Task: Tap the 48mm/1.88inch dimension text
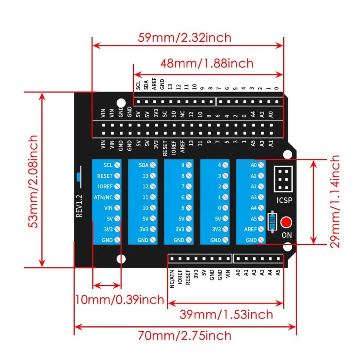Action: pyautogui.click(x=207, y=63)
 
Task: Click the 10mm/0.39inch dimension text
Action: pyautogui.click(x=120, y=299)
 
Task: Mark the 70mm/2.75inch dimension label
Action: pyautogui.click(x=185, y=336)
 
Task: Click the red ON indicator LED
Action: pyautogui.click(x=286, y=223)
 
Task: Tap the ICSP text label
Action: pyautogui.click(x=285, y=200)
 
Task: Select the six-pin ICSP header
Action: pyautogui.click(x=285, y=179)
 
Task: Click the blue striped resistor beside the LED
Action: pyautogui.click(x=272, y=221)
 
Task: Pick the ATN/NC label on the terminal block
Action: pyautogui.click(x=105, y=197)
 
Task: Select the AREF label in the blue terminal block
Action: pyautogui.click(x=250, y=230)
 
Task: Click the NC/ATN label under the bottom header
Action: pyautogui.click(x=172, y=279)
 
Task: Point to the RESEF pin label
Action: pyautogui.click(x=187, y=276)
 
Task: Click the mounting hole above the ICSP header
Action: pyautogui.click(x=287, y=154)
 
